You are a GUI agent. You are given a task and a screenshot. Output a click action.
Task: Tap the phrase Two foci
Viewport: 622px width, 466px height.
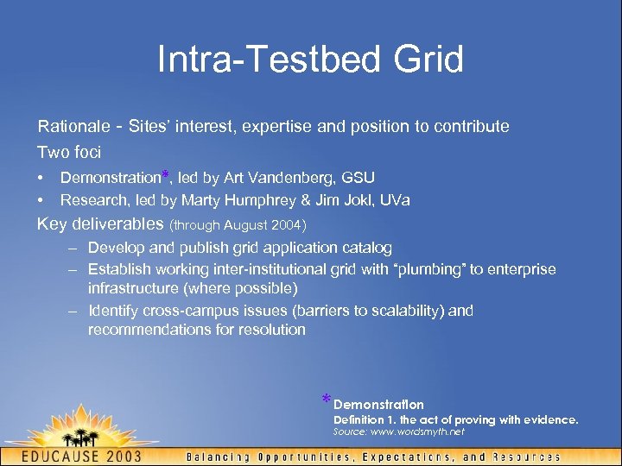point(69,152)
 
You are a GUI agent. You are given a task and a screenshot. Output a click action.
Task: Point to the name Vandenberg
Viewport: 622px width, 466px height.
point(293,178)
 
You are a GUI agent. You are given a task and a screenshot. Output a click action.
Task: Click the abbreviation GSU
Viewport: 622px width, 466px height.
point(358,178)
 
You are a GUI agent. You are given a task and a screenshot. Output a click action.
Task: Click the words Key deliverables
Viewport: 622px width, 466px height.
point(100,224)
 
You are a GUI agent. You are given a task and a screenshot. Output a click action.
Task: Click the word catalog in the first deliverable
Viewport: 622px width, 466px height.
point(366,249)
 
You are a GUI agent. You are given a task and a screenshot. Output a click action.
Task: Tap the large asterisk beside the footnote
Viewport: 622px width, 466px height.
point(326,400)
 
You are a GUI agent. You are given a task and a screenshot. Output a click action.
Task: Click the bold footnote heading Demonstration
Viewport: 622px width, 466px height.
point(378,404)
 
